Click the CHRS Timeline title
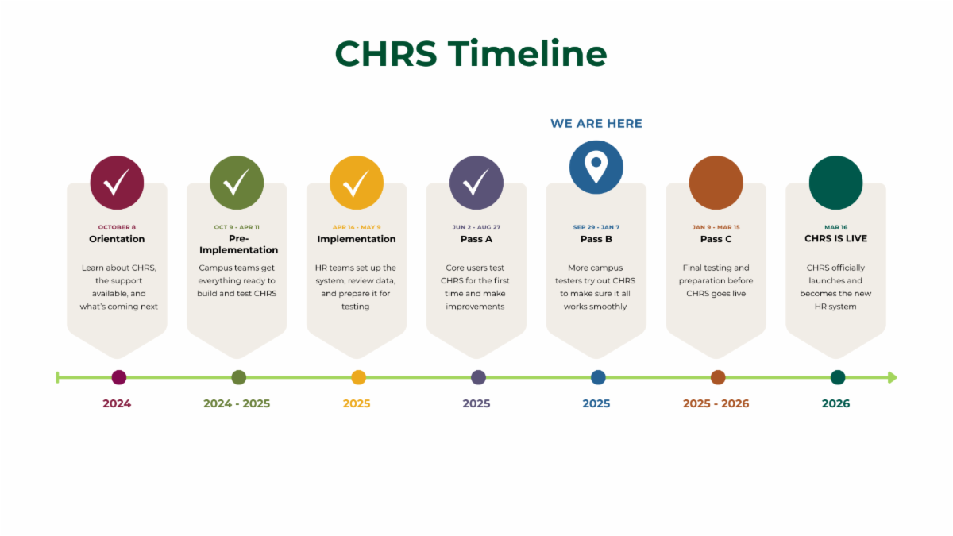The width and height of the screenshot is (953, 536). (x=471, y=54)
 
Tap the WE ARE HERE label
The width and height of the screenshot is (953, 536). (x=596, y=123)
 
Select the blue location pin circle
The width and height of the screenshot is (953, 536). (x=596, y=167)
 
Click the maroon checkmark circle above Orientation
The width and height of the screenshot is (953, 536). (x=117, y=183)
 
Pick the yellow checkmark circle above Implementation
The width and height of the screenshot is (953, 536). (x=357, y=183)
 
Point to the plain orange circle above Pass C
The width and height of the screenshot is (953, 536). (x=716, y=183)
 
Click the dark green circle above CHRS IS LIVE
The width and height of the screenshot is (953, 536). (x=835, y=183)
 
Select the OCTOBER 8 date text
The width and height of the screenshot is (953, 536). (x=117, y=227)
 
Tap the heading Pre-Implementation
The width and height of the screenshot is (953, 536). (x=238, y=244)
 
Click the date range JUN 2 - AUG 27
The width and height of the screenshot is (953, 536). (x=476, y=227)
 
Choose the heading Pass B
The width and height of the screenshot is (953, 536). (x=596, y=239)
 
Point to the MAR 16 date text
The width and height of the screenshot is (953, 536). (x=835, y=227)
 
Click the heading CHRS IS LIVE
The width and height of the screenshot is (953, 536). (x=835, y=238)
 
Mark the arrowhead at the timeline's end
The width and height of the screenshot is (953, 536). (x=892, y=377)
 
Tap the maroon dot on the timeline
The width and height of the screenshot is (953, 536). (x=119, y=377)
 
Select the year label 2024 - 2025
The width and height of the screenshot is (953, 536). (x=237, y=403)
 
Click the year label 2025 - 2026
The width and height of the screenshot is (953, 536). (x=716, y=403)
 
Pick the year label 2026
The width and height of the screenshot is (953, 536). (x=835, y=403)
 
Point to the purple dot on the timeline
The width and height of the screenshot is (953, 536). (x=478, y=377)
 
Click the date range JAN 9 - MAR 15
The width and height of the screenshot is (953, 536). (x=716, y=227)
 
